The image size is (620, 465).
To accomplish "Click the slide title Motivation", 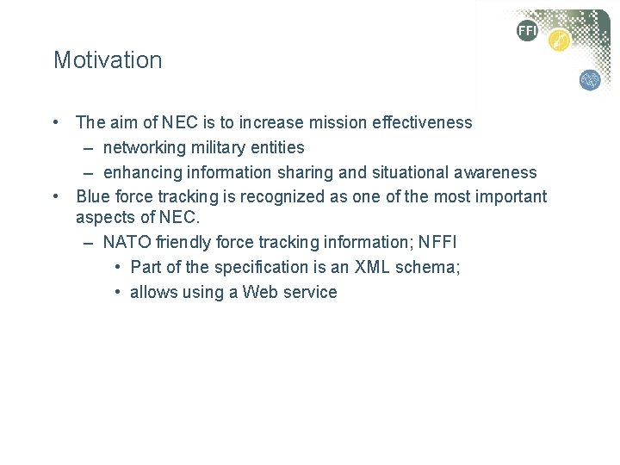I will (108, 60).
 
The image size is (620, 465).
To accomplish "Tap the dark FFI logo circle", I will (527, 32).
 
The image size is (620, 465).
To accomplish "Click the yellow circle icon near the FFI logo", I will (560, 40).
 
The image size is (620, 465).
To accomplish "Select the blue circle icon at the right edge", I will (590, 80).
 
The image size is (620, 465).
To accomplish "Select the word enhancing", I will (140, 173).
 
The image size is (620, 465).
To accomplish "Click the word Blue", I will (92, 197).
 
